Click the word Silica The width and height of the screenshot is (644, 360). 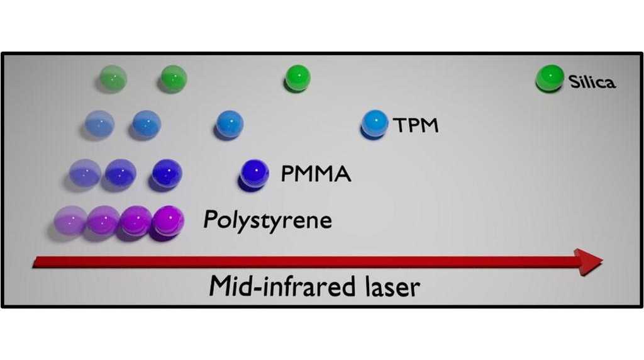click(592, 82)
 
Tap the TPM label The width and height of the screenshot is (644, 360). click(416, 125)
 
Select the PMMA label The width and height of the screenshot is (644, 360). click(316, 173)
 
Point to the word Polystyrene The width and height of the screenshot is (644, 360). click(267, 221)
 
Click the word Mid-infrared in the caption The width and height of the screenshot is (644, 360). click(282, 287)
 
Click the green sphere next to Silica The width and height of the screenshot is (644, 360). click(549, 79)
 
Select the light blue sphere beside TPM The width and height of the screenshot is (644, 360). click(375, 122)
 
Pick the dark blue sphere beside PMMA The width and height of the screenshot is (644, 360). click(254, 172)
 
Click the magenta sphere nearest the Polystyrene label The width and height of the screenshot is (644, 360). click(169, 220)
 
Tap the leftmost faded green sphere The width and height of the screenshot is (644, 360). click(113, 79)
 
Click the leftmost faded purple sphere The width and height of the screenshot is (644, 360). click(69, 221)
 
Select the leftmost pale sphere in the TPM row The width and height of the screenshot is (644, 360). click(99, 123)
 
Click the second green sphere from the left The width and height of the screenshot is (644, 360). click(172, 79)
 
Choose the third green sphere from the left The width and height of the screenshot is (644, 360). click(296, 79)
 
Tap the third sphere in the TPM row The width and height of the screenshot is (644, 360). click(229, 123)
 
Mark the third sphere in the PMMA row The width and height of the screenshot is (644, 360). click(167, 172)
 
